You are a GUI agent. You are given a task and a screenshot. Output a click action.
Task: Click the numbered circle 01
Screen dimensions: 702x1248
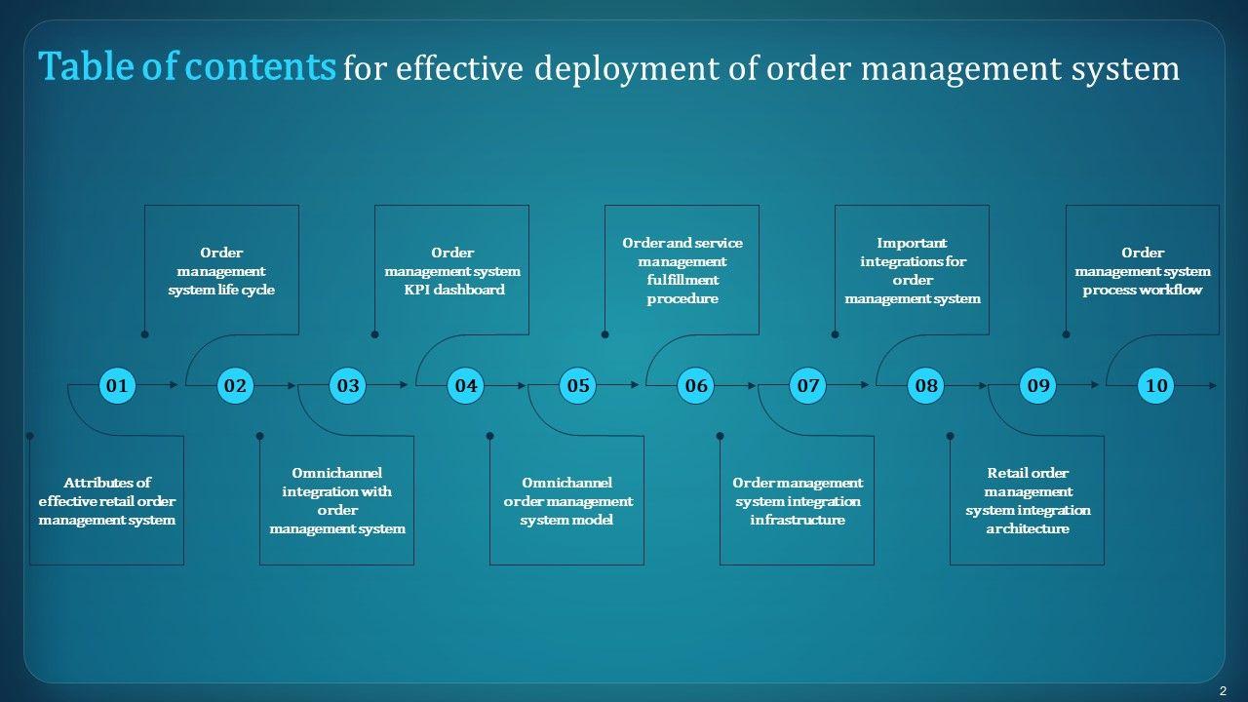(117, 386)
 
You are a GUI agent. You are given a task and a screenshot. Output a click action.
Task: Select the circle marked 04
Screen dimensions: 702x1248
(466, 386)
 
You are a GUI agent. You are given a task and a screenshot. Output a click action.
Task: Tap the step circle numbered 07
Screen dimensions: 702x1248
(808, 386)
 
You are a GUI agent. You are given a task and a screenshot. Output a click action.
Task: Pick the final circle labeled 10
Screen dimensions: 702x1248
(1156, 386)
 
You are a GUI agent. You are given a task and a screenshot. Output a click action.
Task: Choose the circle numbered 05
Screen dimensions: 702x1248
(578, 386)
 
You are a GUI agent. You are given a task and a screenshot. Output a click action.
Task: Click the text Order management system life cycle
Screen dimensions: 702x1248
(221, 271)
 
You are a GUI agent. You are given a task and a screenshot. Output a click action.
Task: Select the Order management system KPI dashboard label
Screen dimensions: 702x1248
(452, 271)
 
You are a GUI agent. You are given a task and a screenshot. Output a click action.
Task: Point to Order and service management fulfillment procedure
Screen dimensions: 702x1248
(682, 271)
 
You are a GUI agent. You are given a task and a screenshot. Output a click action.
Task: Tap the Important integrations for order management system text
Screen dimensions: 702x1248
(913, 271)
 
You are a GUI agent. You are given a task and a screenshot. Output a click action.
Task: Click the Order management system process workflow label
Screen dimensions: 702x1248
(1143, 271)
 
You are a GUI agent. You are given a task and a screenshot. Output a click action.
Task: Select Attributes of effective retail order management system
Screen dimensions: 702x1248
(107, 501)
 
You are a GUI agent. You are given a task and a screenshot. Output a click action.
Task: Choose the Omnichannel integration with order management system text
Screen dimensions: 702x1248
(337, 501)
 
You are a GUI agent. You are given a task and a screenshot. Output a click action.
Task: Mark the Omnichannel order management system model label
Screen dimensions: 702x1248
(567, 501)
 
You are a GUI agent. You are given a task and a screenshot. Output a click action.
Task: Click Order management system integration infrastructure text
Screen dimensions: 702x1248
(798, 501)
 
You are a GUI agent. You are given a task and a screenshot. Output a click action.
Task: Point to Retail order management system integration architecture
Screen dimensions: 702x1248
(1028, 501)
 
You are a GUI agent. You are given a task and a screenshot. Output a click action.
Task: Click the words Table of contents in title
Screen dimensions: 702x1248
(187, 67)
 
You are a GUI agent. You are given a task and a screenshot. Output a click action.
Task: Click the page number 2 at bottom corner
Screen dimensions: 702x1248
(1223, 690)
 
